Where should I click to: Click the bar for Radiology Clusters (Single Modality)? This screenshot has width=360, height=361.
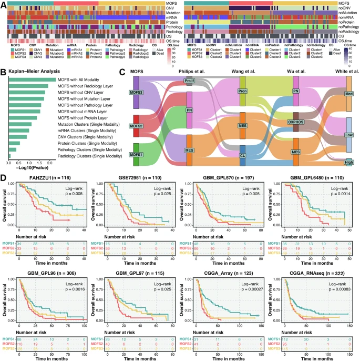(9, 155)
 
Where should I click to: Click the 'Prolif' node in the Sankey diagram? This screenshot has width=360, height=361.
(189, 81)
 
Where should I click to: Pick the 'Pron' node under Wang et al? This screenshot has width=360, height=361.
(242, 91)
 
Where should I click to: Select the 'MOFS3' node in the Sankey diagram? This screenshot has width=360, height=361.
(136, 93)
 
